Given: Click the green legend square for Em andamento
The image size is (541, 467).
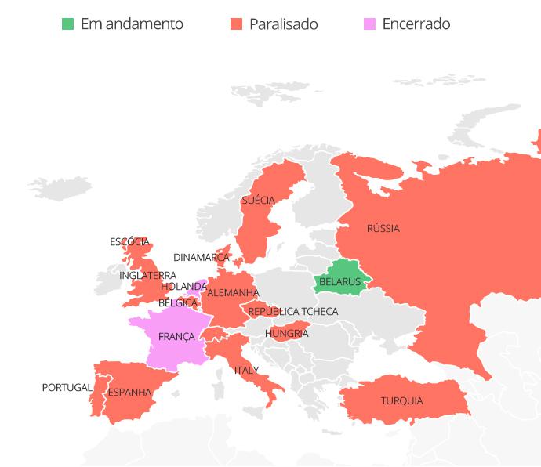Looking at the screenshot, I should [x=67, y=24].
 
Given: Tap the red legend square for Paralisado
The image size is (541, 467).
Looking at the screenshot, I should [x=236, y=24].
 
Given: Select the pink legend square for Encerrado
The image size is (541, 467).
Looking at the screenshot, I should [x=369, y=24].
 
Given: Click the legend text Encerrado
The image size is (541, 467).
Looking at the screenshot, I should [x=416, y=24].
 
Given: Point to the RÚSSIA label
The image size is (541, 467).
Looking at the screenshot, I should [x=383, y=229].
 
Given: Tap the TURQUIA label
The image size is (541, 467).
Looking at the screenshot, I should [x=401, y=401].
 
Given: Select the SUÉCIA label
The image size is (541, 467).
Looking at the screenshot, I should [x=258, y=201].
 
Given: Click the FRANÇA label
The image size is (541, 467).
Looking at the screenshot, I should [x=176, y=337].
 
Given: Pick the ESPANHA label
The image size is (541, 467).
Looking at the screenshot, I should [x=129, y=393].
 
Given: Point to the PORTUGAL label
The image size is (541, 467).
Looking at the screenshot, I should [x=67, y=388].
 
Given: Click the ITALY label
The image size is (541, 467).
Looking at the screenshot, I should [x=246, y=371].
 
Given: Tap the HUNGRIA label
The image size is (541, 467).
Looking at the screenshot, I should [x=286, y=334].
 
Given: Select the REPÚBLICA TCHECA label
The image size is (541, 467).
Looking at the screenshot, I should [x=292, y=312].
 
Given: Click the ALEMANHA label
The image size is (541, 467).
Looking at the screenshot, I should [x=233, y=293].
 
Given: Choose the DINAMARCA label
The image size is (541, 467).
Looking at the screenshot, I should [x=202, y=258].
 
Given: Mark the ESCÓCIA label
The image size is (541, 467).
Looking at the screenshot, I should [x=129, y=242].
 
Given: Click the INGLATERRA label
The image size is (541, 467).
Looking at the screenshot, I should [x=147, y=276].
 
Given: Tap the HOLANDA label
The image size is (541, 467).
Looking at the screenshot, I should [x=183, y=287].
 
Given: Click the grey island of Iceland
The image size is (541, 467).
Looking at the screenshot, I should [x=60, y=187].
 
